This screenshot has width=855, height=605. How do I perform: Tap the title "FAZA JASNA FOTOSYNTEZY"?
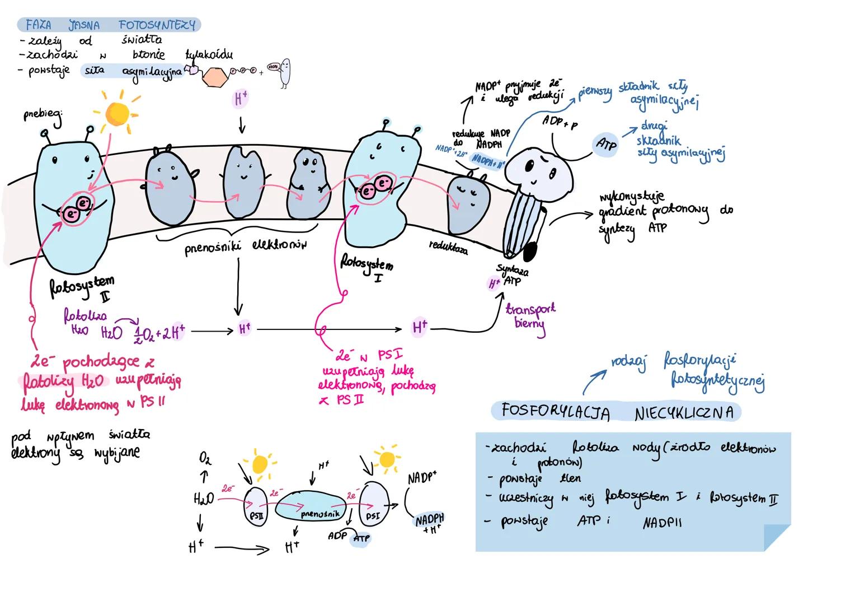(109, 25)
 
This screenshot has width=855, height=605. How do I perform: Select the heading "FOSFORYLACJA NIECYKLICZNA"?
(616, 412)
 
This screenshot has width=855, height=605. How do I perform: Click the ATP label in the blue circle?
(606, 145)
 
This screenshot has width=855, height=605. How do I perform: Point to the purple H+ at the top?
(241, 100)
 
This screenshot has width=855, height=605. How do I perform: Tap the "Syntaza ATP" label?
(513, 275)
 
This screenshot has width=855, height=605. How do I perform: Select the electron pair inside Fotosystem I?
(376, 187)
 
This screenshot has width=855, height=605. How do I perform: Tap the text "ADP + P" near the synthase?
(559, 122)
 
